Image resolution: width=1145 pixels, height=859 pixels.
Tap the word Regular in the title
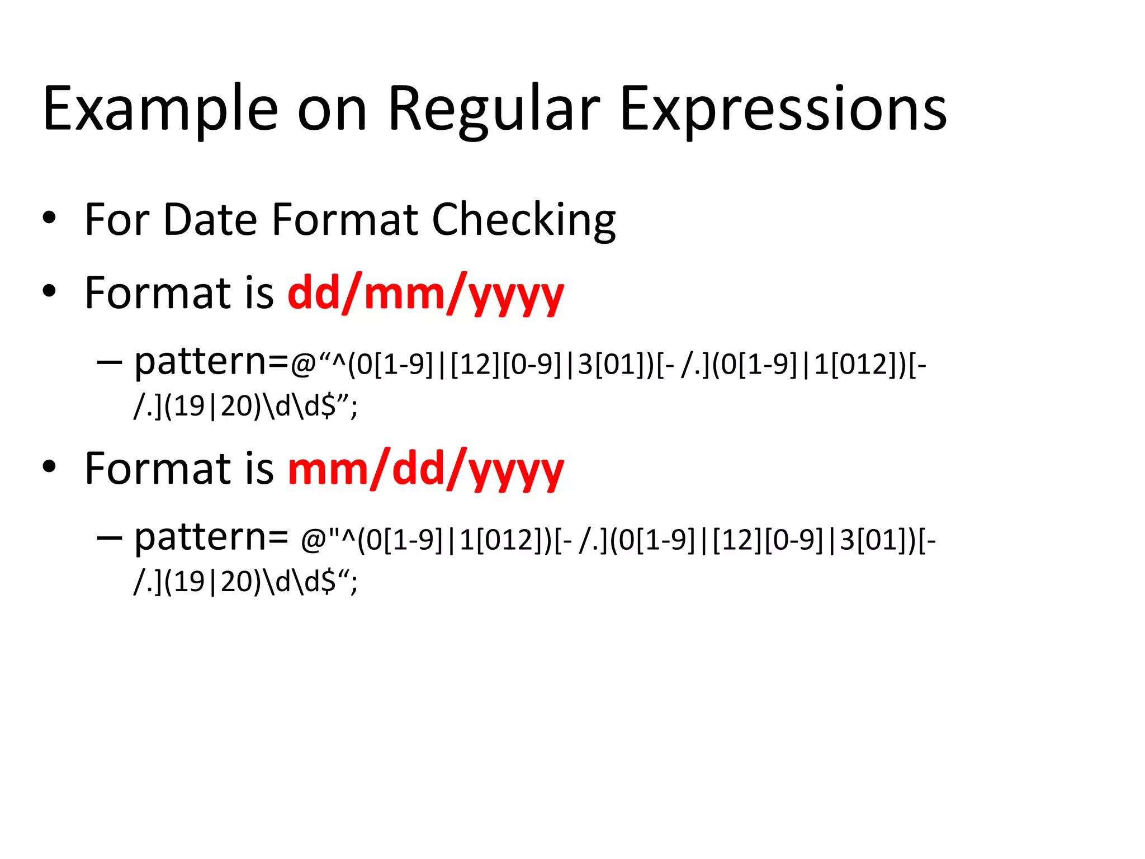pos(493,109)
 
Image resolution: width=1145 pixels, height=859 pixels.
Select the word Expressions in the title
pos(783,109)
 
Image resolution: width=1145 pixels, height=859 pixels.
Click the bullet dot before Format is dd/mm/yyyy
pos(49,291)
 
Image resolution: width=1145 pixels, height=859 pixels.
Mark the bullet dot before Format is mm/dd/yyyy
pos(49,467)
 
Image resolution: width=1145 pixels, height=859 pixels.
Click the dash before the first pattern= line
pos(109,362)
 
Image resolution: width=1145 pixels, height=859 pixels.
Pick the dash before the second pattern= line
pos(109,537)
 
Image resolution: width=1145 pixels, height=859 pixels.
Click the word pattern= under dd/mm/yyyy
pos(211,362)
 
